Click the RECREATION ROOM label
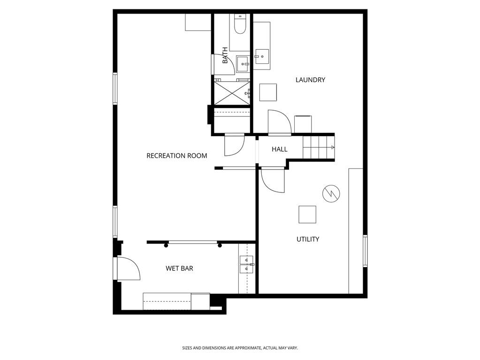point(176,156)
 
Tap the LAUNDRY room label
point(310,80)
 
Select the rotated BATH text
point(225,55)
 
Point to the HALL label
point(280,149)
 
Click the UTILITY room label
point(308,239)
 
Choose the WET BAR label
point(179,268)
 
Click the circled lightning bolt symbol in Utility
point(331,193)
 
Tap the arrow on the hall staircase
point(333,147)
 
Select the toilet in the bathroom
point(240,24)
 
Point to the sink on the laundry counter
point(262,57)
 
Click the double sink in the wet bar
point(246,265)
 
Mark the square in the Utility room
point(307,214)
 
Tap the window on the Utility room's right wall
point(365,251)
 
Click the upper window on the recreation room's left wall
point(114,88)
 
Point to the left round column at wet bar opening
point(166,245)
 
